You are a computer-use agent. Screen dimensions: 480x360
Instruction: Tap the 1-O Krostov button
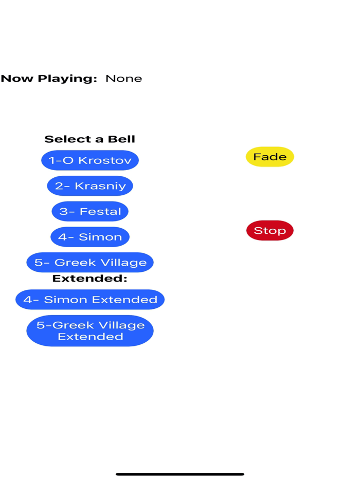point(90,160)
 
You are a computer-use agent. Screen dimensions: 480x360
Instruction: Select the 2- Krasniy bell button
point(90,186)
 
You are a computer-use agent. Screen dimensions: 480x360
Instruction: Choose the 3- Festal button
point(90,211)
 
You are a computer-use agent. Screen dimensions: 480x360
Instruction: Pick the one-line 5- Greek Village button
point(90,263)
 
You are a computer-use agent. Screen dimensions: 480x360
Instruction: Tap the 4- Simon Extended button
point(90,300)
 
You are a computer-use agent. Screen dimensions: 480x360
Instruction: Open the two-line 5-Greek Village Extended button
point(90,331)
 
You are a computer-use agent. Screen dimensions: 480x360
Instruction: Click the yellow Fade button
point(270,157)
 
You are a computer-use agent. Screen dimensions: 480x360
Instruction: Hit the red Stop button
point(270,231)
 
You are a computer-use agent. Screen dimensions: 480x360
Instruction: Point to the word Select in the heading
point(63,139)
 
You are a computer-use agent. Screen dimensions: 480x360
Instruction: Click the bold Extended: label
point(90,279)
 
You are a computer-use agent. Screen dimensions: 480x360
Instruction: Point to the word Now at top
point(16,79)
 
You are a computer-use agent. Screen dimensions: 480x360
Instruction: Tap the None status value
point(124,79)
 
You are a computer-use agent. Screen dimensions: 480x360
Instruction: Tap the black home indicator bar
point(180,474)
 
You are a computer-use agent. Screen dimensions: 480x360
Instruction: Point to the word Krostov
point(104,160)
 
